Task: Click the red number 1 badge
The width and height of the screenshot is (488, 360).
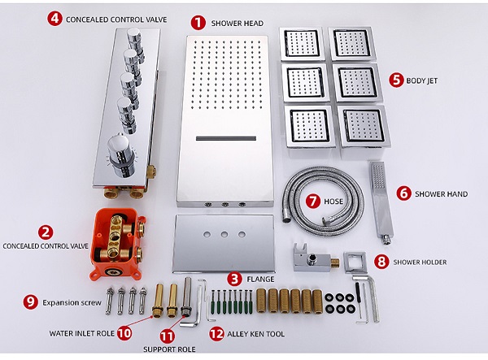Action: [198, 23]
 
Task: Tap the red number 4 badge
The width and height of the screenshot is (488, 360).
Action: [54, 19]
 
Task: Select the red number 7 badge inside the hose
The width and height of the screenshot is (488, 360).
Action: [313, 202]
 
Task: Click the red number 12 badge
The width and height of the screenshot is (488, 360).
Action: [216, 333]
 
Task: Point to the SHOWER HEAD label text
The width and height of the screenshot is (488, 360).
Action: [237, 24]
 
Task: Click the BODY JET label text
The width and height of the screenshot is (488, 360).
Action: [421, 80]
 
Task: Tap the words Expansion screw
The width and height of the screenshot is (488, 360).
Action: [72, 302]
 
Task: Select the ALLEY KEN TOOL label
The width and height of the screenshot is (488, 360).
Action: [256, 334]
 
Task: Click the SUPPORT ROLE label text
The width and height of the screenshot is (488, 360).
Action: [169, 349]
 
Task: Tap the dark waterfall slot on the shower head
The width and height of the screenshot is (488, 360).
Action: [226, 138]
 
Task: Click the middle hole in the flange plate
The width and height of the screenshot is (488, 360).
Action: [224, 234]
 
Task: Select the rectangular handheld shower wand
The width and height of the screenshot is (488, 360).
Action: [381, 202]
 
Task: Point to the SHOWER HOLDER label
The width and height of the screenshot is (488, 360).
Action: [420, 262]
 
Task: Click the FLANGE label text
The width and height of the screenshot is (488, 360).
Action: [260, 280]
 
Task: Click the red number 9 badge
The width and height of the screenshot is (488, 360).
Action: [31, 301]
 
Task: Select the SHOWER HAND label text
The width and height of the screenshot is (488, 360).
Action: [442, 194]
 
